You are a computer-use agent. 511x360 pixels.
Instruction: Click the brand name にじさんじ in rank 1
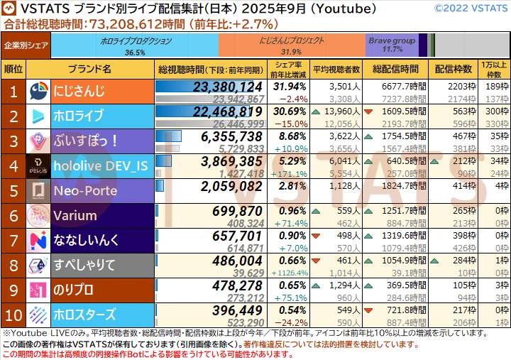point(79,92)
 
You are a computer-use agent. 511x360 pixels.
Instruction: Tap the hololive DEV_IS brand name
point(101,166)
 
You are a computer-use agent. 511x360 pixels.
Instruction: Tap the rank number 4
point(13,166)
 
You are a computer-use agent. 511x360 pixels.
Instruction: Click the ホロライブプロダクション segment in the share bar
point(135,46)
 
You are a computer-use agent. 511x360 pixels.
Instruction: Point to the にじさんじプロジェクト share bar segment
point(292,46)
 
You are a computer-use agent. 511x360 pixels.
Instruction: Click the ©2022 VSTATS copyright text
point(469,9)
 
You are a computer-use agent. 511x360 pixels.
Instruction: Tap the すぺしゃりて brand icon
point(38,265)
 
